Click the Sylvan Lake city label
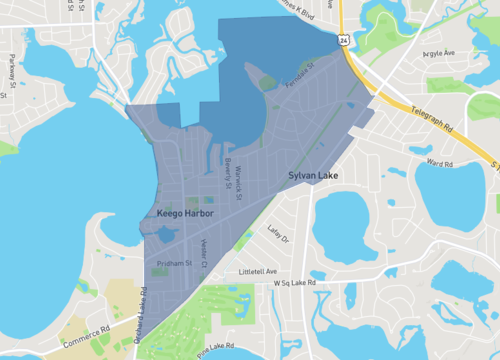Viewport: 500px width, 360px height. (x=314, y=176)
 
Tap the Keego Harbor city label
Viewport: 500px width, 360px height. (x=186, y=214)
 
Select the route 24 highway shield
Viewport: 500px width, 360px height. (x=343, y=41)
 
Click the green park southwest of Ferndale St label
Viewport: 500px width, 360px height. (x=267, y=84)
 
